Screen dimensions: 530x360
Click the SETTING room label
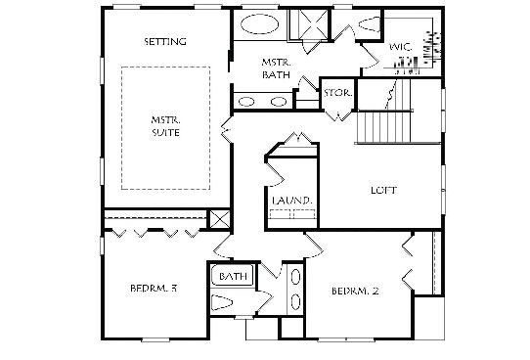pos(165,42)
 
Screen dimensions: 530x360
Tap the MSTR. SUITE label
pos(165,126)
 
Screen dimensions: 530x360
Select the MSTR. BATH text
pos(276,68)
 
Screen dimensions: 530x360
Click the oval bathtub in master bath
pos(259,24)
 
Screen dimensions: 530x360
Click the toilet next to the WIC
pos(370,24)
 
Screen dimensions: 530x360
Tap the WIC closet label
pos(401,47)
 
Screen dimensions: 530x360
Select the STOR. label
pos(338,93)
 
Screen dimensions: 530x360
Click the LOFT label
pos(384,191)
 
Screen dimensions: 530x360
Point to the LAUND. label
pos(292,201)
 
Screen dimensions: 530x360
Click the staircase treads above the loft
pos(383,127)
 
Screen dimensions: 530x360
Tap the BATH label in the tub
pos(233,276)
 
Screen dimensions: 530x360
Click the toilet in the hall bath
pos(222,302)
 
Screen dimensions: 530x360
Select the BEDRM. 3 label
pos(154,289)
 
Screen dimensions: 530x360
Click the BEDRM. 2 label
pos(355,292)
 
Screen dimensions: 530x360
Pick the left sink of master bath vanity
pos(246,102)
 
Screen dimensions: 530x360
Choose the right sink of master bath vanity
pos(279,102)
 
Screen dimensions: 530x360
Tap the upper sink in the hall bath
pos(296,276)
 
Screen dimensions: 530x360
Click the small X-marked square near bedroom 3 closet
pos(220,219)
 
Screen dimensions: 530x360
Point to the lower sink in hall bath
pos(296,301)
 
